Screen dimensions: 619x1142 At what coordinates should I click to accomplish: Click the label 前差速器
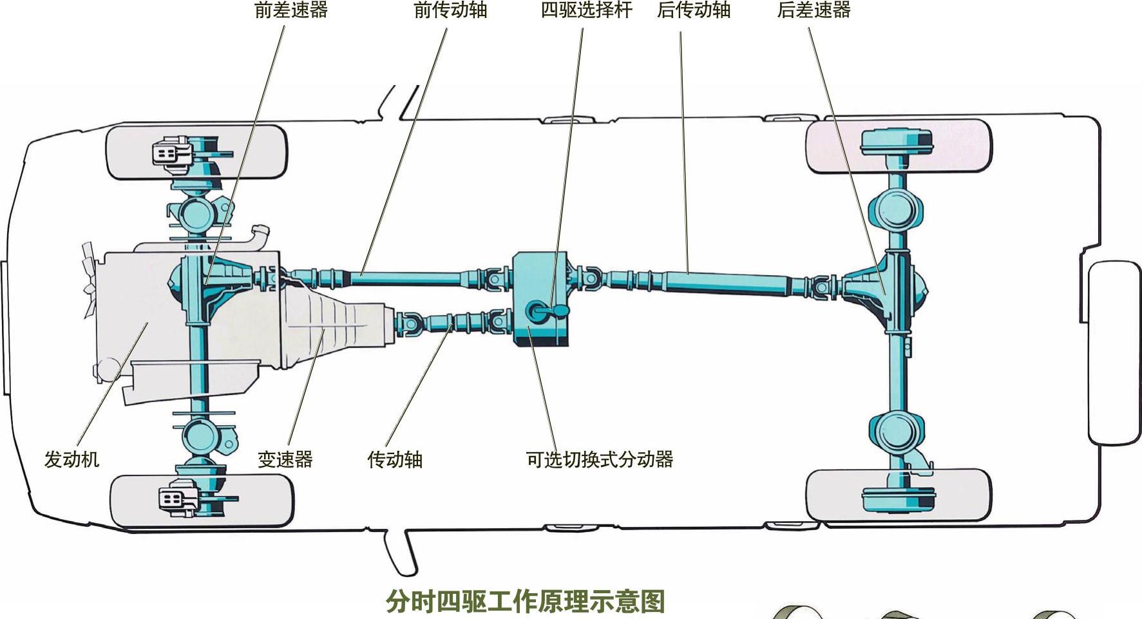(291, 10)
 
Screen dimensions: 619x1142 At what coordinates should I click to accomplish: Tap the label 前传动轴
(450, 10)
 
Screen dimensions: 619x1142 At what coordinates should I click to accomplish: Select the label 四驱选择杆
(586, 10)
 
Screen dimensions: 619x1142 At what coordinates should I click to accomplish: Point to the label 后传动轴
(694, 10)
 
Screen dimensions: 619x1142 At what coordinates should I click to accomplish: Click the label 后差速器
(814, 10)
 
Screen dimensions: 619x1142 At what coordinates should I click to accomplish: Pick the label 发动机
(71, 459)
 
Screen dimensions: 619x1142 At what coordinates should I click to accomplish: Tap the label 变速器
(285, 459)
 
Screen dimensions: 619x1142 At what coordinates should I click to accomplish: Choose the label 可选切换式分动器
(600, 459)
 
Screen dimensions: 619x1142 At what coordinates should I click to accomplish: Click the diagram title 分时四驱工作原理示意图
(525, 602)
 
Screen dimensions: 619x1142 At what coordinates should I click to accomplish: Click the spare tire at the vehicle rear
(1113, 352)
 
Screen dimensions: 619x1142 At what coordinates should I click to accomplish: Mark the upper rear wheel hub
(896, 142)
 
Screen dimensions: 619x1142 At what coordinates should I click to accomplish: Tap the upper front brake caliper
(170, 153)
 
